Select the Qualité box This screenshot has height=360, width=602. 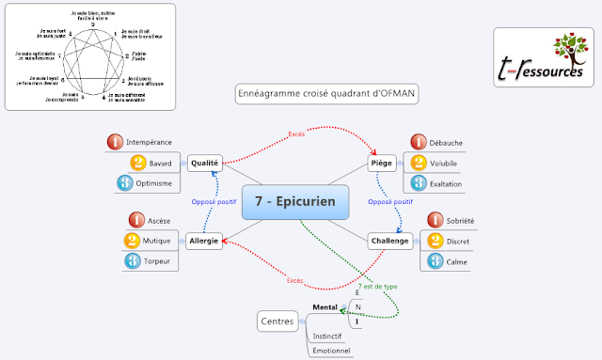tap(204, 163)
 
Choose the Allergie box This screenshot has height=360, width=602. tap(203, 241)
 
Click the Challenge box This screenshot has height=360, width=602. tap(388, 241)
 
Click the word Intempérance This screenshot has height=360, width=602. tap(148, 143)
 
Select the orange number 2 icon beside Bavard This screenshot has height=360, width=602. tap(133, 163)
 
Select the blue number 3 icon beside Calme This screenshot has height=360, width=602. tap(436, 260)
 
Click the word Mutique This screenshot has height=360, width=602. tap(157, 241)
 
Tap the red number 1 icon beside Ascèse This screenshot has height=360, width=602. tap(133, 220)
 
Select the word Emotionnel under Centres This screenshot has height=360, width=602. tap(332, 351)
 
